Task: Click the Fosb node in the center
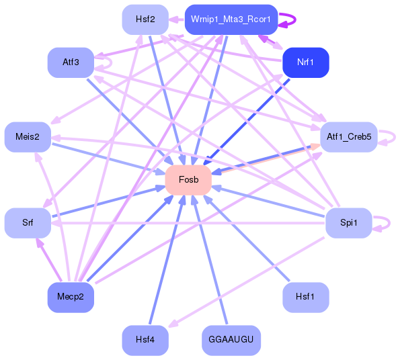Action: point(188,179)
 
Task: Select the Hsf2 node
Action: point(145,19)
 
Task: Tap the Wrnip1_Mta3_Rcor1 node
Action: point(231,19)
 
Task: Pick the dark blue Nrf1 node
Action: point(305,62)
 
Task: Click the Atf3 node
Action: point(70,62)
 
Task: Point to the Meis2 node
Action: point(27,136)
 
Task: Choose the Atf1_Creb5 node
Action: point(348,136)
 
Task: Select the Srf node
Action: point(27,222)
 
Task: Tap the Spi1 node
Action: point(348,222)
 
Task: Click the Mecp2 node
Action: point(70,297)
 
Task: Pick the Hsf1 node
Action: point(305,297)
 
